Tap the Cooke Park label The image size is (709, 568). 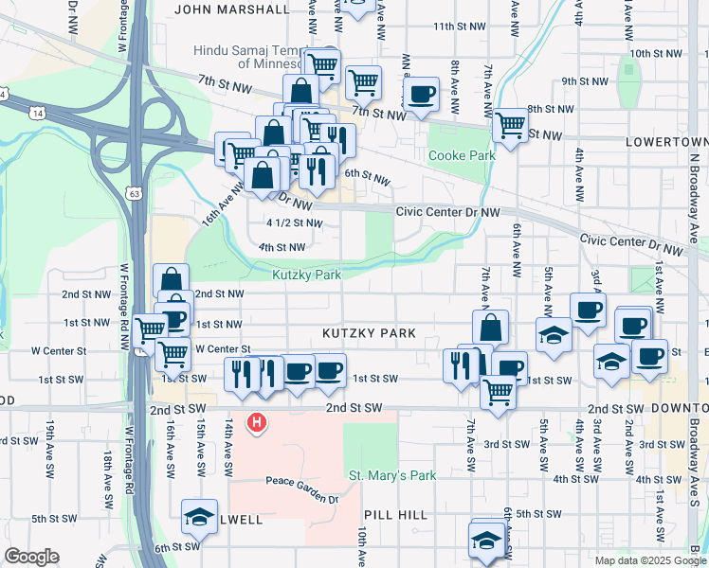click(x=462, y=155)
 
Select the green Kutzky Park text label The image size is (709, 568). click(x=306, y=275)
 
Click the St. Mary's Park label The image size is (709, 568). click(x=391, y=475)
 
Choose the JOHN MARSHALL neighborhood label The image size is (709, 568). click(x=232, y=9)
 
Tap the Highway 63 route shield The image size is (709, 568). click(x=135, y=194)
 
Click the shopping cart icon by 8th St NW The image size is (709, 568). click(x=510, y=123)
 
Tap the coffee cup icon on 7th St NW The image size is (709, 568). click(x=421, y=93)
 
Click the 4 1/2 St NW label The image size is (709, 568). click(x=294, y=223)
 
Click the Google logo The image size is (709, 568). click(x=31, y=557)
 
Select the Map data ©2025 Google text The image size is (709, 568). click(x=649, y=560)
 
